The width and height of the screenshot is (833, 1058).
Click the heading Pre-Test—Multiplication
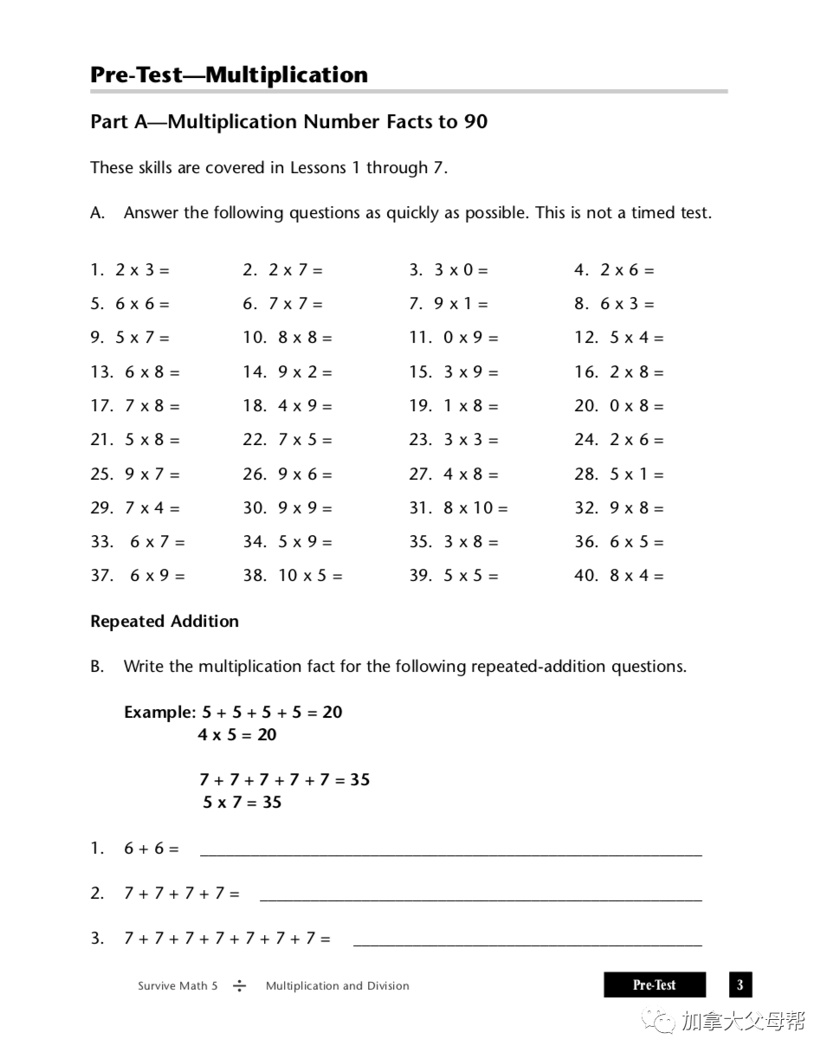229,74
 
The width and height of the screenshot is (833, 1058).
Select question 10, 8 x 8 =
287,338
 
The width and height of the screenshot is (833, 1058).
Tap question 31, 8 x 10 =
458,508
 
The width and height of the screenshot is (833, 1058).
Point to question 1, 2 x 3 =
130,270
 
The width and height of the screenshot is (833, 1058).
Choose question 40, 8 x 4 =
618,576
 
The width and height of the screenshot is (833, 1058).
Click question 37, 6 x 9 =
138,576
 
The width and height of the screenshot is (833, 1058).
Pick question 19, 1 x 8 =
454,406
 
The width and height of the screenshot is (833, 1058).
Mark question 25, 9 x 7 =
135,474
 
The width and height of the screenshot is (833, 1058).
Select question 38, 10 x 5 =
293,576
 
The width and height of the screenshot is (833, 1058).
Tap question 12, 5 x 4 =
618,338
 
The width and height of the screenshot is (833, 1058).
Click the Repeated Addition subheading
165,622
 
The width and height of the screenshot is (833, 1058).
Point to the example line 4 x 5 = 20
236,735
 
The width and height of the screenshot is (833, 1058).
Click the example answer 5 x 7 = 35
242,803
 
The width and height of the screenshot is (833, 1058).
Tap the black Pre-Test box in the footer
654,985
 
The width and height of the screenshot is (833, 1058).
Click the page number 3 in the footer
739,985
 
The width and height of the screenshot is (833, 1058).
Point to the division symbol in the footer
240,986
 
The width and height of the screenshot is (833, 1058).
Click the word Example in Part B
159,713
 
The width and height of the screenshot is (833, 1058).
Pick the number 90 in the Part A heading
475,122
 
